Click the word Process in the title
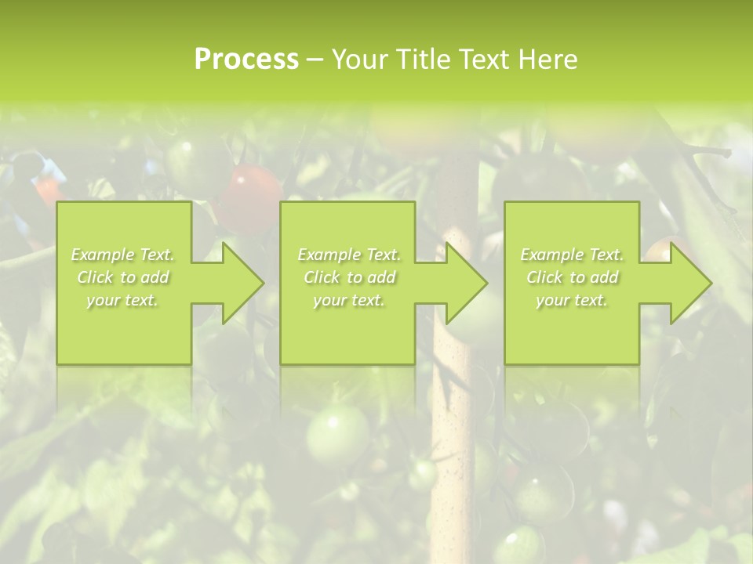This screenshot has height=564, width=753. click(246, 59)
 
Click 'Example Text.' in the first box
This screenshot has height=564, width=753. click(122, 255)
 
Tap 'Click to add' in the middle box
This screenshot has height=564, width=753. click(349, 277)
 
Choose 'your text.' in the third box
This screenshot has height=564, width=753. click(572, 300)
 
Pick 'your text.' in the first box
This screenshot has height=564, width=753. click(122, 300)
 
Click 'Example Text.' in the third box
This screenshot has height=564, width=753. click(572, 255)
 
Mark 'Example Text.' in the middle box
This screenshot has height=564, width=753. click(349, 255)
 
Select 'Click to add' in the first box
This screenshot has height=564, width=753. click(122, 277)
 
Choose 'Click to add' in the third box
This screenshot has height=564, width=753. click(572, 277)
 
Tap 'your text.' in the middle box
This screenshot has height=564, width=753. click(349, 300)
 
